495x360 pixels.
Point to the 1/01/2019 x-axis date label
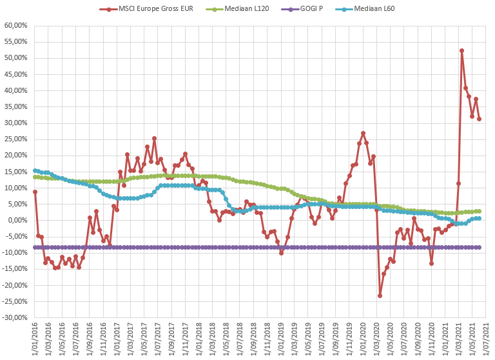(x=281, y=339)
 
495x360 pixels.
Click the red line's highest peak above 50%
(x=462, y=50)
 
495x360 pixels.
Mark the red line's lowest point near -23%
(x=380, y=295)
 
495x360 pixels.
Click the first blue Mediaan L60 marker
(x=35, y=170)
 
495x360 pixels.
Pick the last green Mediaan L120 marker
(x=479, y=211)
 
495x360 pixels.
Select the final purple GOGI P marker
(x=479, y=247)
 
